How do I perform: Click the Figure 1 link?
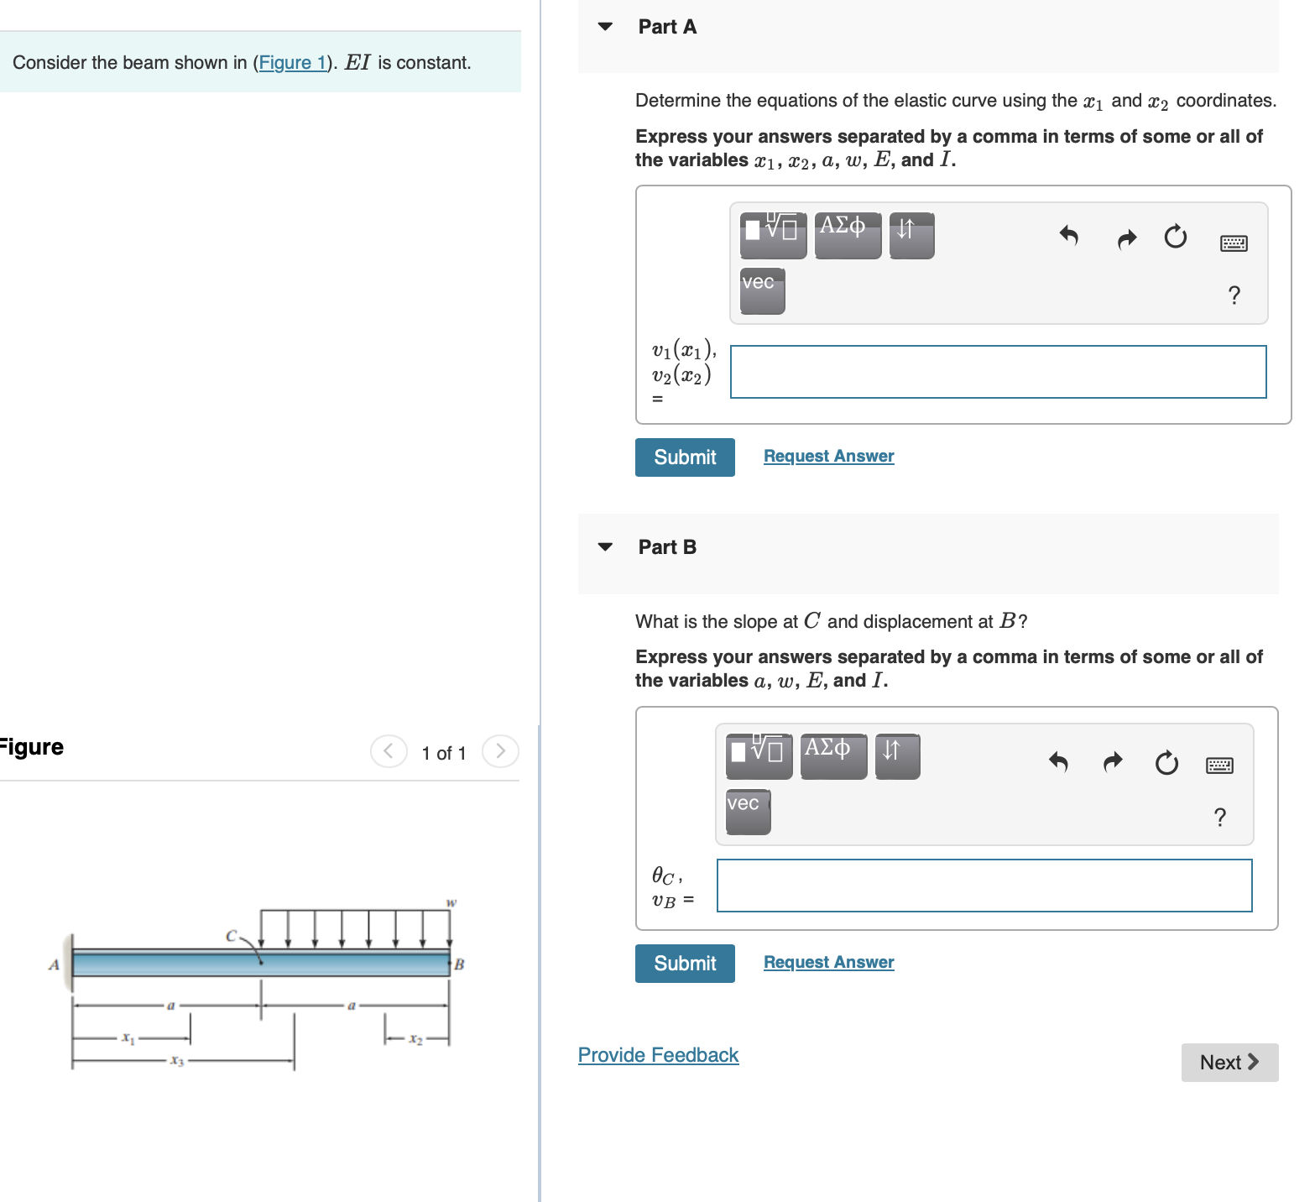[x=292, y=63]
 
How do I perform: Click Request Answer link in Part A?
[x=828, y=456]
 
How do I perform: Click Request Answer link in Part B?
[x=828, y=962]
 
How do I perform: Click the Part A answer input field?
[x=998, y=372]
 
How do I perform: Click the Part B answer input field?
[x=984, y=886]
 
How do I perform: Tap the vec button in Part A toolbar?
[x=762, y=290]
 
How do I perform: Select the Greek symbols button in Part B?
[x=833, y=756]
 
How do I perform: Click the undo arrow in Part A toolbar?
[x=1068, y=236]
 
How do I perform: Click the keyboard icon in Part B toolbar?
[x=1219, y=765]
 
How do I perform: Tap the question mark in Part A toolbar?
[x=1234, y=295]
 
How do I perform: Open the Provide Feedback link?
[x=658, y=1055]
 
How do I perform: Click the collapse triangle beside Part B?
[x=605, y=547]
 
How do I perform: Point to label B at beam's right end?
[x=459, y=964]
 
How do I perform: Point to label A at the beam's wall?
[x=54, y=964]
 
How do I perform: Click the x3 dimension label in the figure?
[x=176, y=1061]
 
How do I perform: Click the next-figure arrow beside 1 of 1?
[x=500, y=750]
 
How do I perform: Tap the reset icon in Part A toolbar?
[x=1176, y=237]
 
